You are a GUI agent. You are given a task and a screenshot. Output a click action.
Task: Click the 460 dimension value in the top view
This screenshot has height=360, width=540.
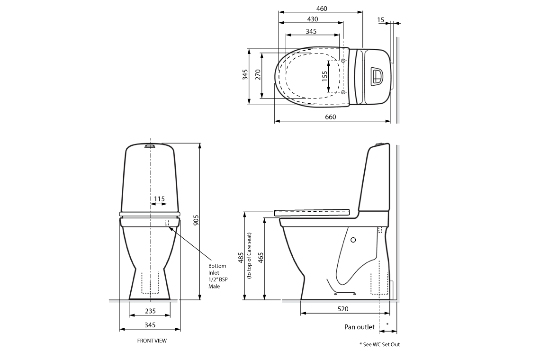[x=321, y=8]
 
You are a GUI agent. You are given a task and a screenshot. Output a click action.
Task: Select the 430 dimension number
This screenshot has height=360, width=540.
[x=312, y=19]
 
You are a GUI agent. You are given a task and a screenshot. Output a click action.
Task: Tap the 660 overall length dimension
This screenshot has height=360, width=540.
[x=330, y=117]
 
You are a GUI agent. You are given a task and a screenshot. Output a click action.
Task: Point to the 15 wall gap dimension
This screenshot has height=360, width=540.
[x=380, y=20]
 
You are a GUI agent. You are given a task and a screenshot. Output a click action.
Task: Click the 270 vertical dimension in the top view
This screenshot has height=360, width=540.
[x=258, y=74]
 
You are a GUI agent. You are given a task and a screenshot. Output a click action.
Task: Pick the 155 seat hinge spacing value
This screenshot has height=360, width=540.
[x=324, y=76]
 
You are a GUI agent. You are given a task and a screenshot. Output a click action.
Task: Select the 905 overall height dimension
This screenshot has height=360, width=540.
[x=196, y=220]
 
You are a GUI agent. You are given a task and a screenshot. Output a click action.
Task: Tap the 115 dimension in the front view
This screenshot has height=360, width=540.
[x=159, y=199]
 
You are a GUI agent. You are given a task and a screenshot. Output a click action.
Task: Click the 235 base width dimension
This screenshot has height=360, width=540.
[x=150, y=311]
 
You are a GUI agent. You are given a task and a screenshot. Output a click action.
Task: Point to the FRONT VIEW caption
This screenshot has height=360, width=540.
[x=152, y=341]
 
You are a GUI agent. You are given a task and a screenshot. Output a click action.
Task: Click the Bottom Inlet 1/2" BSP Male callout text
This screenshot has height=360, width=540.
[x=217, y=276]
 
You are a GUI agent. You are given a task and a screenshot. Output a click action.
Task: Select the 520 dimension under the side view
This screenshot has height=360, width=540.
[x=343, y=309]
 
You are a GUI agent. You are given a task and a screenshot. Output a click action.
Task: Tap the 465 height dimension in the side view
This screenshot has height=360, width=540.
[x=261, y=258]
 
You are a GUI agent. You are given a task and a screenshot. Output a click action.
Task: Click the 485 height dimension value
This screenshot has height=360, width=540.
[x=242, y=258]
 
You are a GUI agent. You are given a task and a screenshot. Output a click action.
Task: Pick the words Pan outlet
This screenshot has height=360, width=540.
[x=359, y=327]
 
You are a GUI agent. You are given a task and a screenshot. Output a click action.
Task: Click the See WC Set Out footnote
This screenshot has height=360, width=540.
[x=379, y=344]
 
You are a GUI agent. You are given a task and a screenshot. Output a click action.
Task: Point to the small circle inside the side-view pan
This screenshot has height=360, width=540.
[x=353, y=240]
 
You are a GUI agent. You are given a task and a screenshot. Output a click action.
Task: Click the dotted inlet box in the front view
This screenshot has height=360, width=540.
[x=167, y=223]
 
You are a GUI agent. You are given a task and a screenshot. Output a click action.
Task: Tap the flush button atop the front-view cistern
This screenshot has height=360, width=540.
[x=149, y=146]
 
